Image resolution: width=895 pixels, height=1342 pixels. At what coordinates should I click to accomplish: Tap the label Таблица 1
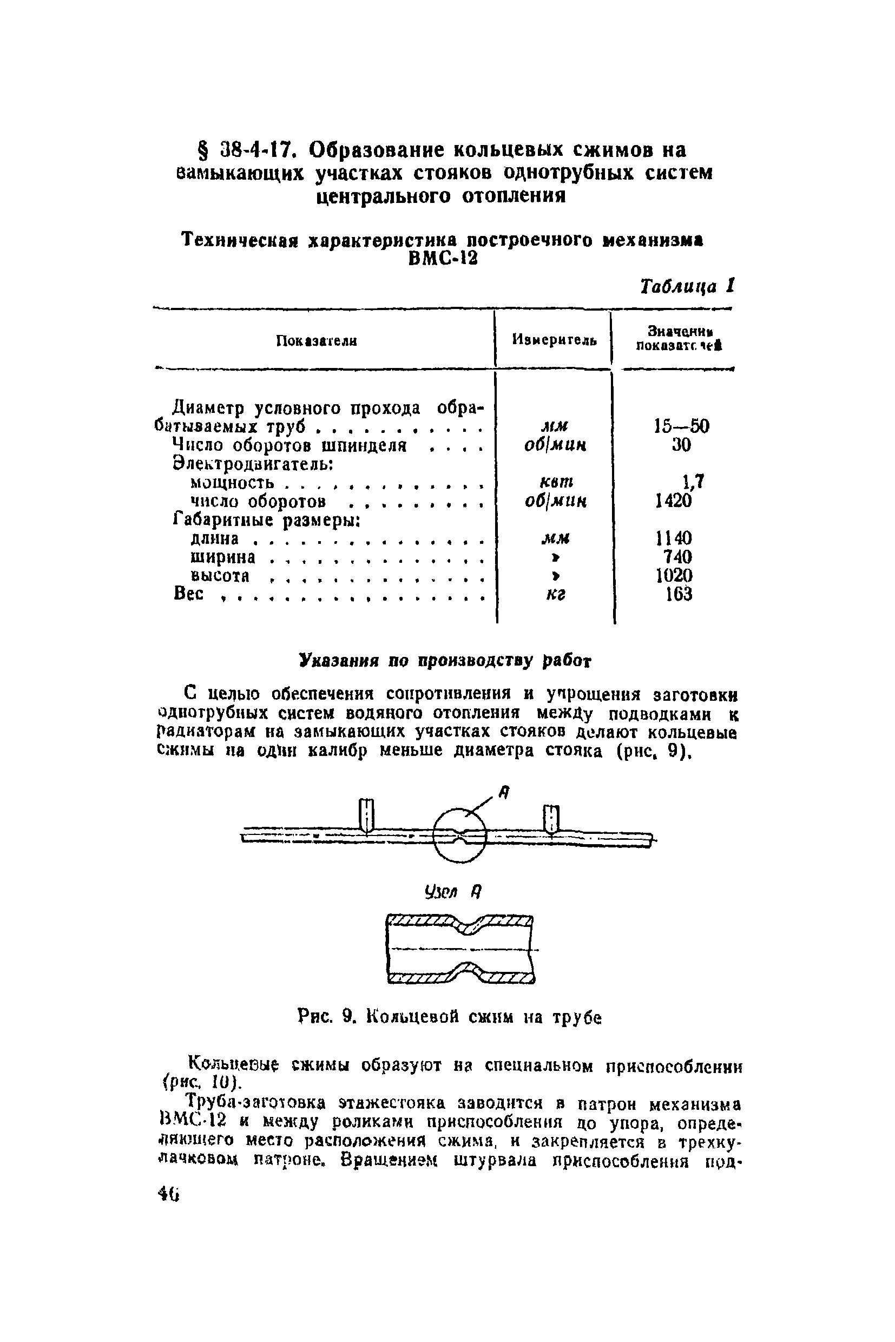(x=687, y=285)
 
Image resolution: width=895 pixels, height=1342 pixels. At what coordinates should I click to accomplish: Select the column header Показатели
(x=316, y=341)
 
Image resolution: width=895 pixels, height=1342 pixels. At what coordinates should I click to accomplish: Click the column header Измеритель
(x=554, y=340)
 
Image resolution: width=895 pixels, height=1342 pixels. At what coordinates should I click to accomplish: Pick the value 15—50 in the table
(x=681, y=426)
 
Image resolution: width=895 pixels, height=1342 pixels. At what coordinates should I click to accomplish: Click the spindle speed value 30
(x=681, y=445)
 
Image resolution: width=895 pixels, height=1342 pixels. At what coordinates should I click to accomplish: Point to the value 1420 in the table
(x=673, y=501)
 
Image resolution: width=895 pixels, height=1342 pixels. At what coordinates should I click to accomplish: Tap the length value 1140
(x=674, y=538)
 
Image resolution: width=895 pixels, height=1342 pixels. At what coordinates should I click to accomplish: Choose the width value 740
(x=677, y=556)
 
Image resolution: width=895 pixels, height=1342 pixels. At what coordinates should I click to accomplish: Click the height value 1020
(x=674, y=575)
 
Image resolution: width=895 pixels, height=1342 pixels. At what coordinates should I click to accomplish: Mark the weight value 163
(x=679, y=594)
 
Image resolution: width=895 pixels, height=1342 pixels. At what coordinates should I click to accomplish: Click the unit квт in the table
(x=556, y=482)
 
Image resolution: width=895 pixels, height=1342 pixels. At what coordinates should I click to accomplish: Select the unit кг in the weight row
(x=556, y=595)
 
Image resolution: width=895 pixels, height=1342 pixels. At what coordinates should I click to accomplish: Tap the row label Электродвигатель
(x=253, y=464)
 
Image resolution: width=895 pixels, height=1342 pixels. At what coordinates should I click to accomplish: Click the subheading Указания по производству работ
(x=445, y=661)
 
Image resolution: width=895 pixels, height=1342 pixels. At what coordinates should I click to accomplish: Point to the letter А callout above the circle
(x=503, y=792)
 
